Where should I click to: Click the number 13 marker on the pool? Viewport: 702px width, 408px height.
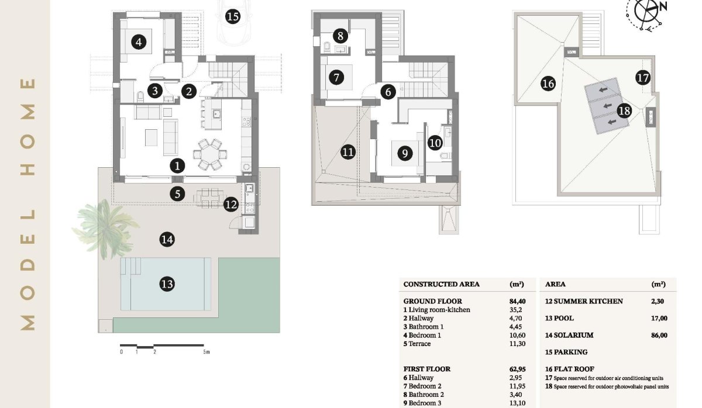pos(167,285)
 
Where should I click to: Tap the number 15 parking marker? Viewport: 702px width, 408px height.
pos(232,16)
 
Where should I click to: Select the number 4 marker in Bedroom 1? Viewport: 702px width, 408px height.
pos(138,42)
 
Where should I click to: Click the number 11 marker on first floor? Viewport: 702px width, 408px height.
pos(348,153)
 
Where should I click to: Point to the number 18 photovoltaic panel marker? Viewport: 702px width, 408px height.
pos(624,110)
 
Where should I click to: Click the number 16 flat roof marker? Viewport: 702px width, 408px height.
pos(548,84)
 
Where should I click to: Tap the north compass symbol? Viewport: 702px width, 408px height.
pos(646,12)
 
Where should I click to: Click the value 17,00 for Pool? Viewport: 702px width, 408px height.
pos(659,319)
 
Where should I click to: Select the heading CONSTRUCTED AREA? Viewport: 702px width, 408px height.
pos(442,285)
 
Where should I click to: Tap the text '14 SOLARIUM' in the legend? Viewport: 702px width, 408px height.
pos(569,336)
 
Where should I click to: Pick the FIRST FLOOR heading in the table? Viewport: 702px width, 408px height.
pos(427,369)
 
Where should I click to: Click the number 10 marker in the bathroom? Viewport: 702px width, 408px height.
pos(435,141)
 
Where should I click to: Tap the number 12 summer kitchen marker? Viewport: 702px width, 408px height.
pos(231,205)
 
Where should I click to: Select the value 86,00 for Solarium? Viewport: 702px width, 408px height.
pos(659,336)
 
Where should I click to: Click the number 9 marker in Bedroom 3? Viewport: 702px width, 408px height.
pos(404,153)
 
